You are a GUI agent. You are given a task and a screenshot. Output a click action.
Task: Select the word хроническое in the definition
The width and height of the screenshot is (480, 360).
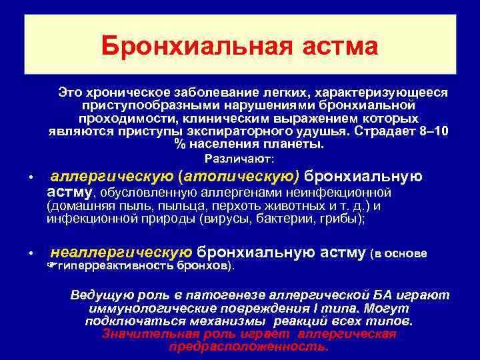[x=124, y=91]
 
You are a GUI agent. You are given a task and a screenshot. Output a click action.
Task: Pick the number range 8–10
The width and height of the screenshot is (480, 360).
[x=435, y=131]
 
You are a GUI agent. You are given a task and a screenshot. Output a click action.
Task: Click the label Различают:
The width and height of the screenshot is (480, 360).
[x=239, y=159]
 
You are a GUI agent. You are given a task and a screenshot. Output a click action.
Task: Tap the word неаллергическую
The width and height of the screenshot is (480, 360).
[x=121, y=253]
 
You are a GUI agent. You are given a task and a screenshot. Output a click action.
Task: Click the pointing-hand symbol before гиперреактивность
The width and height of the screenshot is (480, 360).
[x=53, y=267]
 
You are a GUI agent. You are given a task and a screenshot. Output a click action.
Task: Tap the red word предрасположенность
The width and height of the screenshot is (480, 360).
[x=249, y=347]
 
